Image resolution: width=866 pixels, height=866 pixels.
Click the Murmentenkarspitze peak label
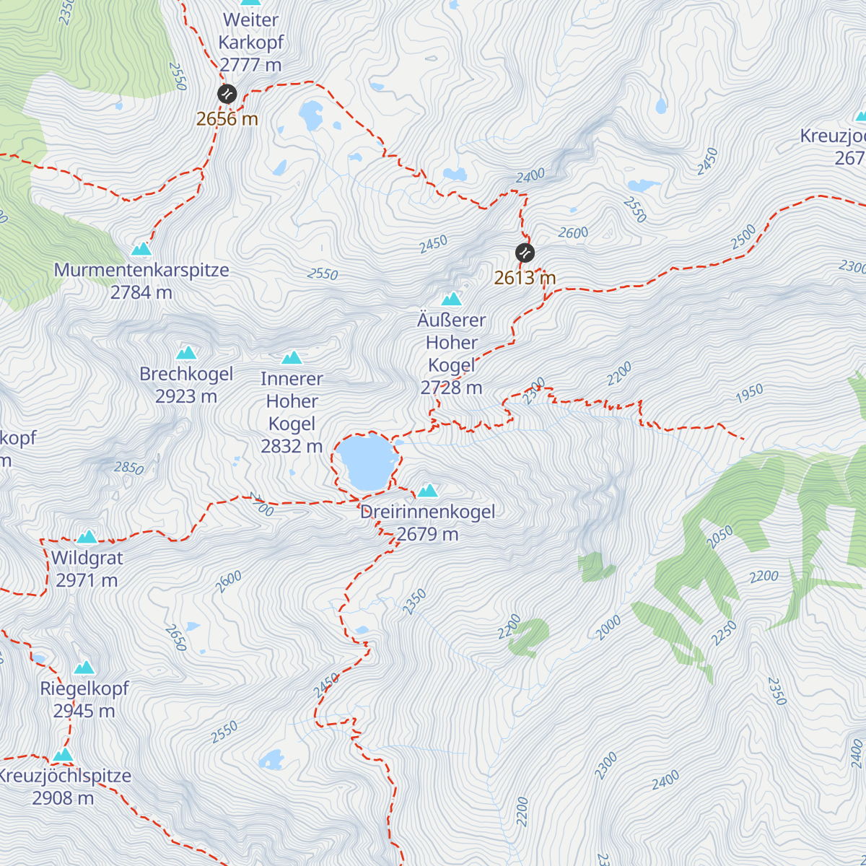(141, 271)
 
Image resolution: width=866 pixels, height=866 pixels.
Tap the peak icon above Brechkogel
(186, 353)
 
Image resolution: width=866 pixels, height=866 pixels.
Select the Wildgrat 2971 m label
(87, 569)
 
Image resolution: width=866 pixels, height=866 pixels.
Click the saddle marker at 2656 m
(227, 94)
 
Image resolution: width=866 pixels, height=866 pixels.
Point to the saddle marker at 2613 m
(525, 253)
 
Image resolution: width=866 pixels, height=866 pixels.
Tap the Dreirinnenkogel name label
(427, 512)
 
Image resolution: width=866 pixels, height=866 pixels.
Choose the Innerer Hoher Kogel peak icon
(292, 357)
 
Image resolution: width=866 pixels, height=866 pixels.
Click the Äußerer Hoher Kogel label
(452, 343)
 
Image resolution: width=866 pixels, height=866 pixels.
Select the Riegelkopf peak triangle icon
(84, 668)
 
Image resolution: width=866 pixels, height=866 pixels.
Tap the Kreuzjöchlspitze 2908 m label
(64, 787)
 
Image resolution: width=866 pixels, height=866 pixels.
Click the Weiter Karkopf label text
(251, 31)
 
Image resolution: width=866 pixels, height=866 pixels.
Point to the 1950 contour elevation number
(749, 393)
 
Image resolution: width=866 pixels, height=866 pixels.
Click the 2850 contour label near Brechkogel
(129, 468)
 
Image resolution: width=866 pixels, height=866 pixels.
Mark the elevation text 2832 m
(292, 447)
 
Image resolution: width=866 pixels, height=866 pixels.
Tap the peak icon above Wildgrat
(87, 536)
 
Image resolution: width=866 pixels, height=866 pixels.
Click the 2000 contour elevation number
(608, 628)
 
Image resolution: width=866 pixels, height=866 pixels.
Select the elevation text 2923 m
(186, 396)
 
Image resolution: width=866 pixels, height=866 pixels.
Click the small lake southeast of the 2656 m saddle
(311, 113)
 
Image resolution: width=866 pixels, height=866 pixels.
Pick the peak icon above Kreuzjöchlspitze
(64, 754)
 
